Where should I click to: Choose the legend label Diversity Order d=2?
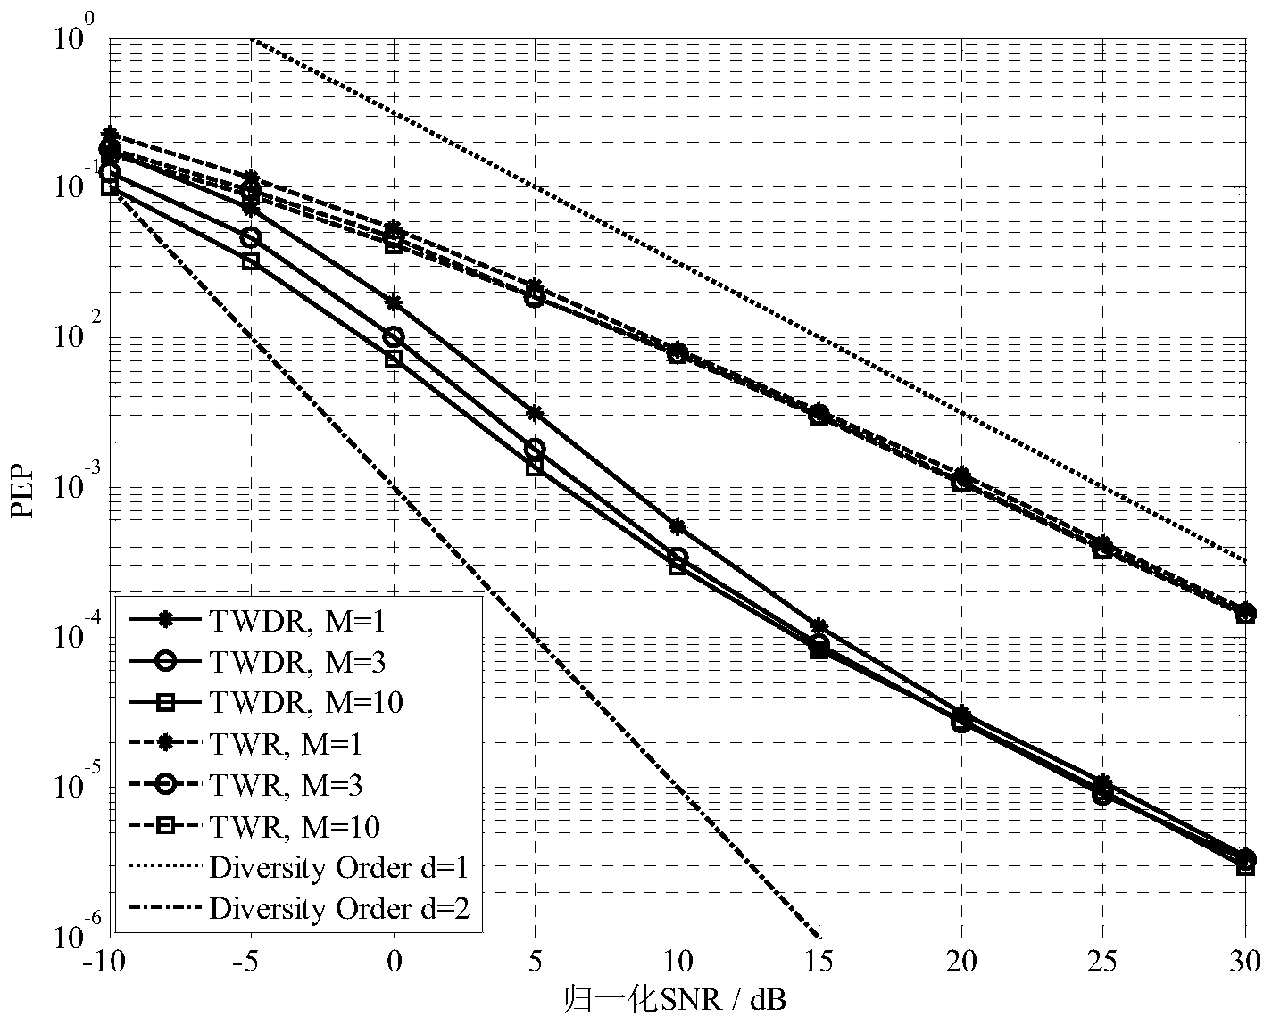tap(338, 908)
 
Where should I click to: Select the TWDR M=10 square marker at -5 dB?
tap(252, 260)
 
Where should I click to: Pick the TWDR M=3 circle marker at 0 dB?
tap(394, 336)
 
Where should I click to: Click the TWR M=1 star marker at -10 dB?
tap(111, 135)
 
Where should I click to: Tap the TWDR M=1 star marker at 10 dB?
tap(678, 527)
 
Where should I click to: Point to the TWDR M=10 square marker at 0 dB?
tap(394, 359)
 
